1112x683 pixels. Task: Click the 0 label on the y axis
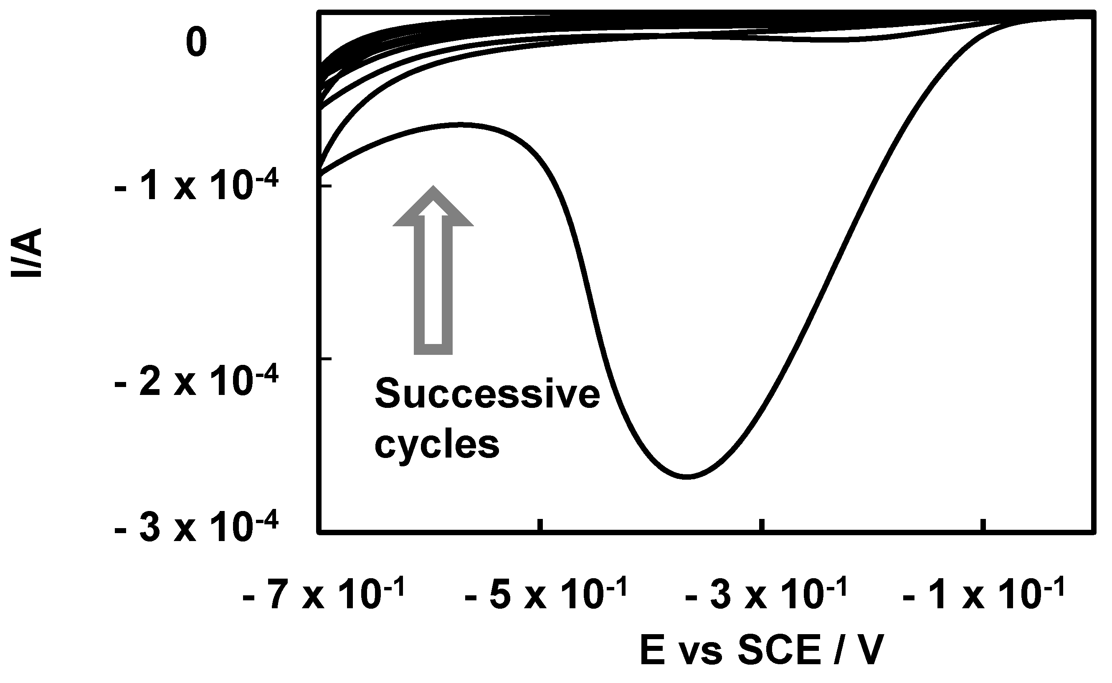click(196, 42)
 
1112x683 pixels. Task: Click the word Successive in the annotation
click(487, 395)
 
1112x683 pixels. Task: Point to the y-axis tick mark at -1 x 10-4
click(326, 186)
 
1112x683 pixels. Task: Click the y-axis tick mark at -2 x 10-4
click(326, 359)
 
